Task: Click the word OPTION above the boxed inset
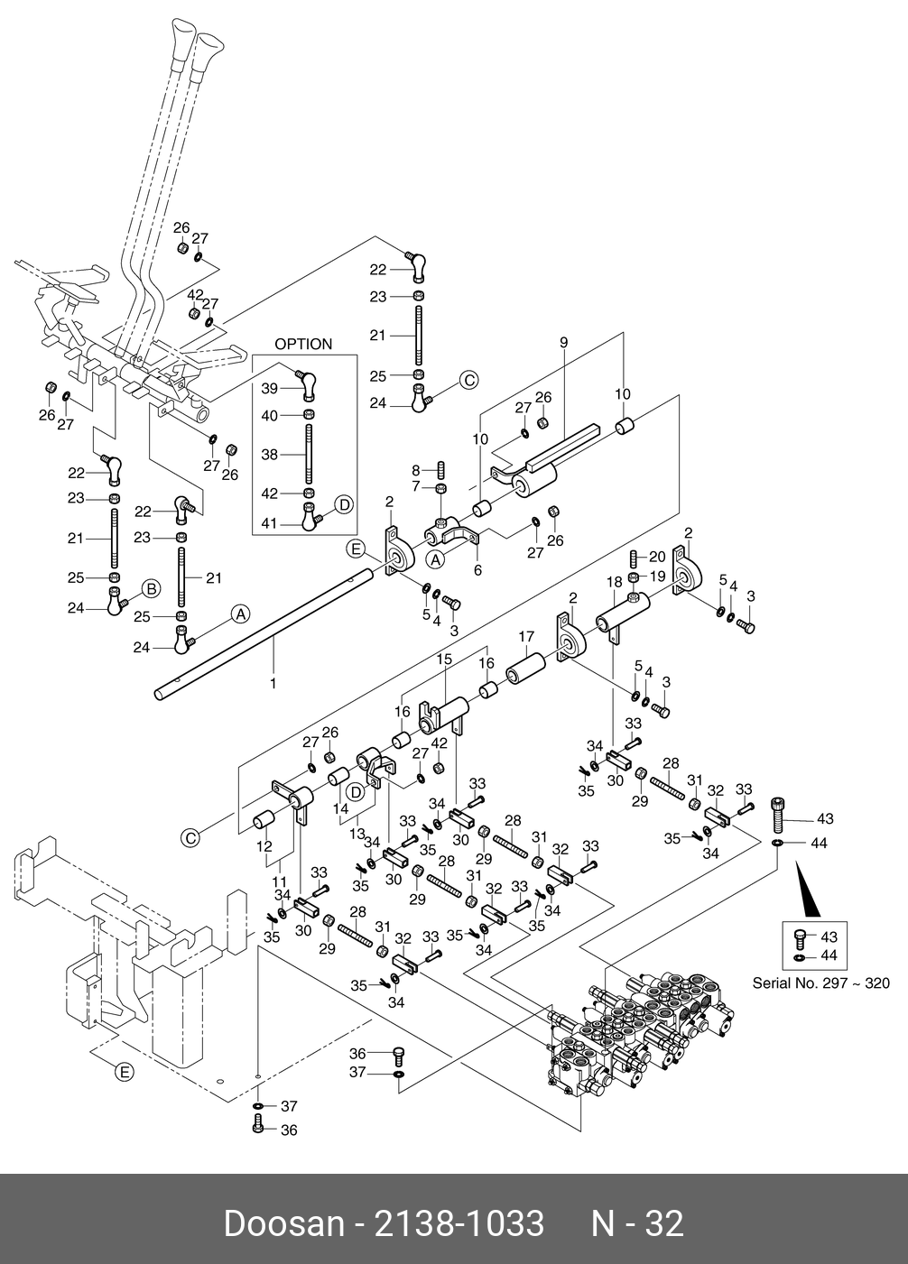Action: (x=303, y=344)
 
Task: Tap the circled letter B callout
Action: (x=152, y=589)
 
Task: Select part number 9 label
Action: (x=563, y=342)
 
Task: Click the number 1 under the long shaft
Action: (x=273, y=683)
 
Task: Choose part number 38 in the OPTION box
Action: (x=270, y=455)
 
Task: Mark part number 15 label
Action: (x=444, y=660)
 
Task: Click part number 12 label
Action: (x=264, y=847)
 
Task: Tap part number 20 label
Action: (x=656, y=556)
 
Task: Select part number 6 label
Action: (x=478, y=570)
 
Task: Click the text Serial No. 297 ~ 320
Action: (x=821, y=983)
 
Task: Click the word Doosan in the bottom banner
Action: (x=283, y=1223)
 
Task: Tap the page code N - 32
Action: (x=637, y=1223)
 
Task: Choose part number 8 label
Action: (x=416, y=469)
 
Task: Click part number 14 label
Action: (x=340, y=809)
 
